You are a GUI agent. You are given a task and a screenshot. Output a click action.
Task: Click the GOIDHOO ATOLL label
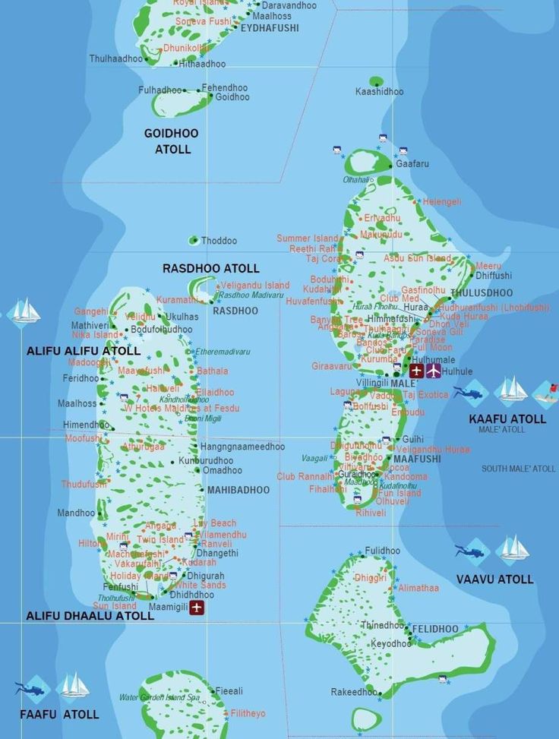[x=172, y=141]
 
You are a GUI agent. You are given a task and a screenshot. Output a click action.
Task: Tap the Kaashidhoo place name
[x=380, y=92]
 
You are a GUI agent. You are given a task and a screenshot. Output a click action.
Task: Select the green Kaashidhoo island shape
[x=376, y=81]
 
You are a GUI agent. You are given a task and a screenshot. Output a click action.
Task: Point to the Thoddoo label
[x=219, y=241]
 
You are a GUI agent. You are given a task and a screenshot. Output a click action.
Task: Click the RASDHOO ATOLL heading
[x=210, y=268]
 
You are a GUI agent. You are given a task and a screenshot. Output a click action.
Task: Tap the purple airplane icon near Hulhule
[x=434, y=371]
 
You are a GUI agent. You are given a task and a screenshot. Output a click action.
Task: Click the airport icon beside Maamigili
[x=197, y=608]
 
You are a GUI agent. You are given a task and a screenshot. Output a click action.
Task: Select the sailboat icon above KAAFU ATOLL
[x=511, y=390]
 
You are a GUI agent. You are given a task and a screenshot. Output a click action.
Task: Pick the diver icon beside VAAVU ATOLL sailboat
[x=471, y=549]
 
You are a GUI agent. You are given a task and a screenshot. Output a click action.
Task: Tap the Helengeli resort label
[x=442, y=202]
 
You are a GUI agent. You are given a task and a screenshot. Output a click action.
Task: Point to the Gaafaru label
[x=412, y=163]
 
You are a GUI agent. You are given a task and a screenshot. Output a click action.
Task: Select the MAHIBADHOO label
[x=238, y=490]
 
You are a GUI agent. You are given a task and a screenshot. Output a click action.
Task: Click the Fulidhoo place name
[x=382, y=551]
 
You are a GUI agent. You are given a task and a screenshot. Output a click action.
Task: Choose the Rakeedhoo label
[x=353, y=692]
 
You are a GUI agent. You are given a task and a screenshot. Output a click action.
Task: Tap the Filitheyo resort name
[x=248, y=713]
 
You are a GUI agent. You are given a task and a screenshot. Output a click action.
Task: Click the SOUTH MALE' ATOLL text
[x=518, y=469]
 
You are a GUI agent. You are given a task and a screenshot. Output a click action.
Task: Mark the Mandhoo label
[x=76, y=513]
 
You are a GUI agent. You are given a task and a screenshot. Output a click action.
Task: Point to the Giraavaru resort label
[x=332, y=366]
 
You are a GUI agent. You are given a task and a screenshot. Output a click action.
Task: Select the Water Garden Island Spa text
[x=159, y=697]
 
